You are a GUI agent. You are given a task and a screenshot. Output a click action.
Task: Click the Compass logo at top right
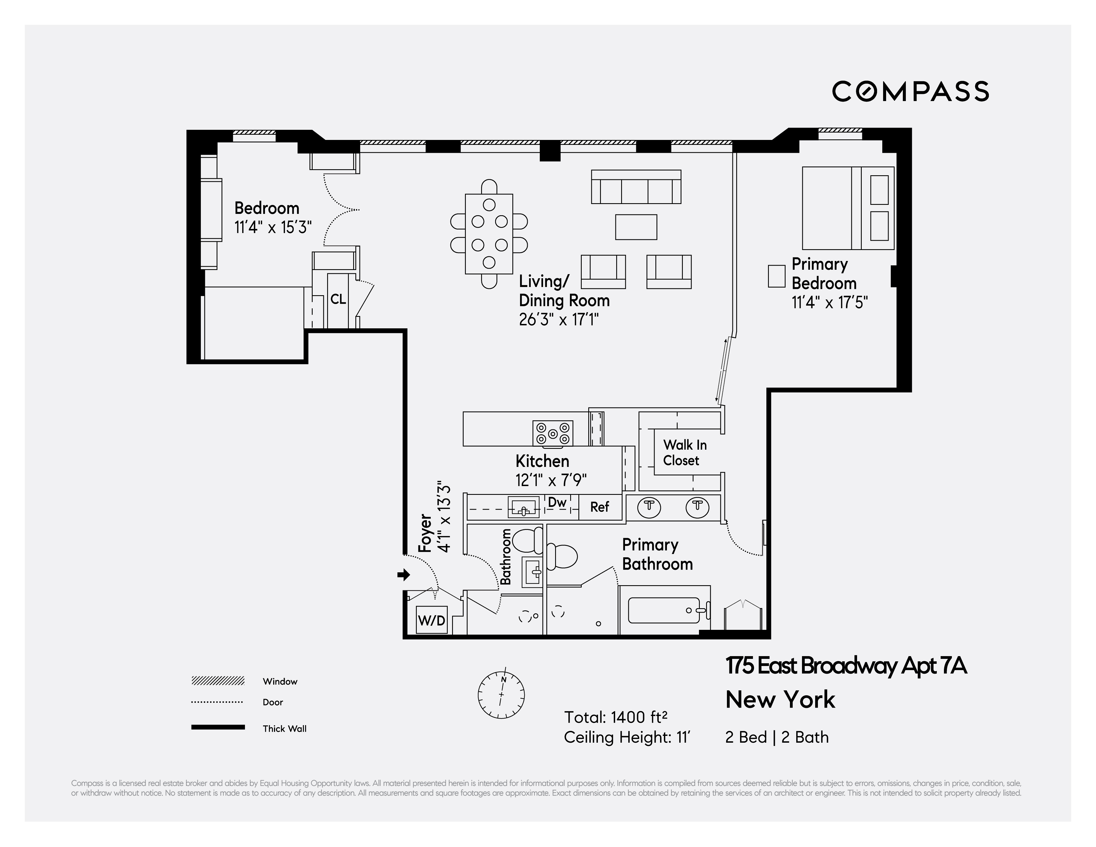[910, 91]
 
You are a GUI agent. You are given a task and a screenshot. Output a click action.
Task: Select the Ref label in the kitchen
[599, 507]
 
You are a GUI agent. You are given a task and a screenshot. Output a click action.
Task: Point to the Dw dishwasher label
[557, 502]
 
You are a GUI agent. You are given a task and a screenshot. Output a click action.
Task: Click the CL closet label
[338, 299]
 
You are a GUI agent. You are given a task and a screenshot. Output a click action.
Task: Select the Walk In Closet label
[684, 452]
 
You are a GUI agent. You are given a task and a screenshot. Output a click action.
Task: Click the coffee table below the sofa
[636, 227]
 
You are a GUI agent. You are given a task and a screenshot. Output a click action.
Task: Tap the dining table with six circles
[489, 234]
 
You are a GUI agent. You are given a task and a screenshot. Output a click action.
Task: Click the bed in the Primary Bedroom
[847, 208]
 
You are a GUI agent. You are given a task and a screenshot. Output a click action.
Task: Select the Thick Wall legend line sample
[218, 727]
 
